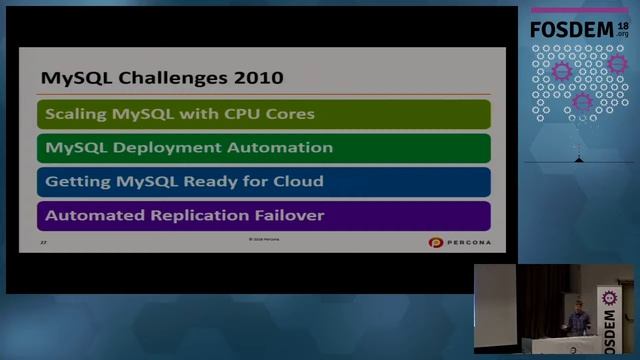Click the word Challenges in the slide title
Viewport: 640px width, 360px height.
(166, 77)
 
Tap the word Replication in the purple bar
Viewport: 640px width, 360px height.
(189, 215)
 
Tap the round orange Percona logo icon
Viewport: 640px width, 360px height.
(435, 242)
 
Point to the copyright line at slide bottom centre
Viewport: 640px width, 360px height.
(264, 240)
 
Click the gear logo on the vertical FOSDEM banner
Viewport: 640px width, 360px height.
(609, 297)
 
